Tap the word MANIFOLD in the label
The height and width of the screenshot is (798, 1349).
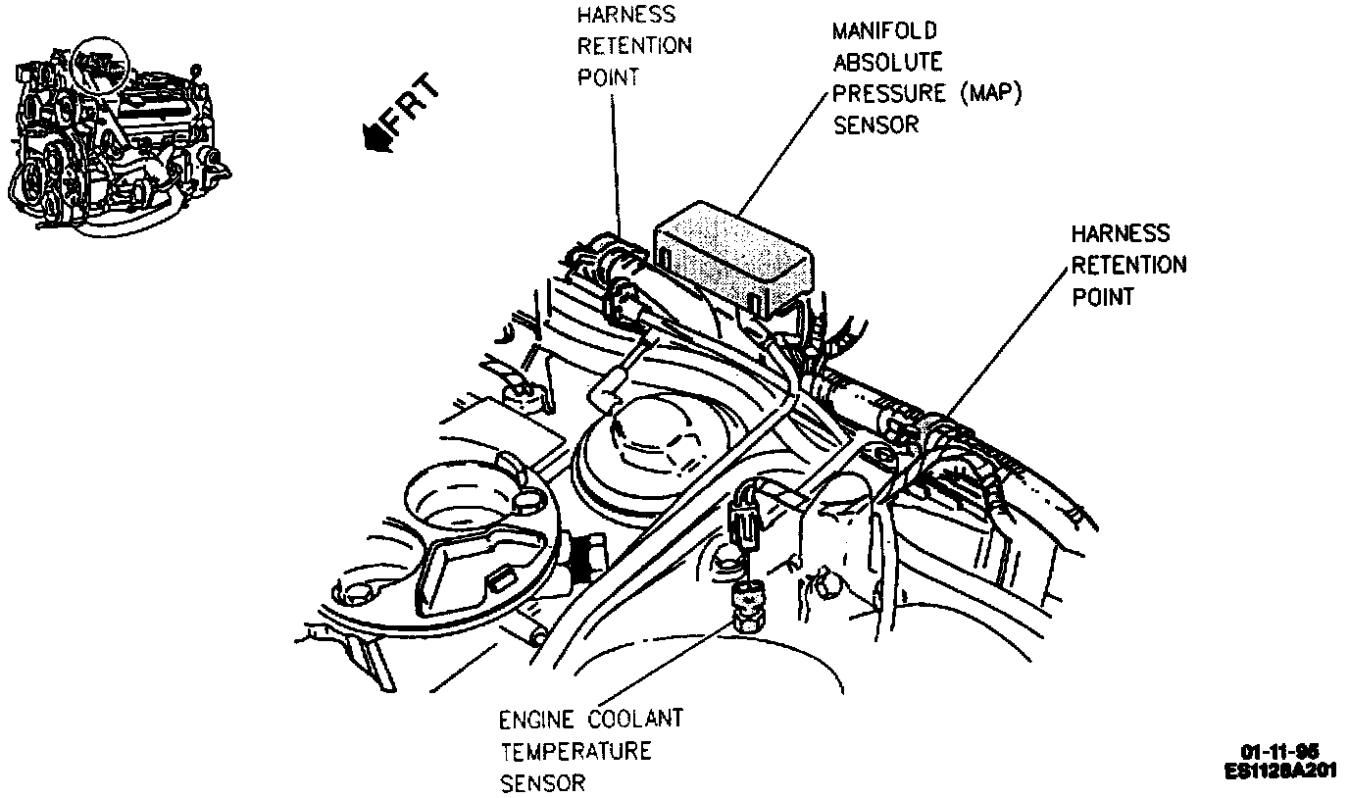(x=884, y=31)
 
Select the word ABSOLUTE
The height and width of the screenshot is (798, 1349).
(x=887, y=63)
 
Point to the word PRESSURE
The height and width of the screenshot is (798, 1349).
(x=888, y=94)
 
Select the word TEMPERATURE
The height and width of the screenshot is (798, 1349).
(x=575, y=752)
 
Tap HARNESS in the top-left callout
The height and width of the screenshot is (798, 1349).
(x=626, y=15)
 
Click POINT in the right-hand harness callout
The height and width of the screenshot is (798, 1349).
(x=1103, y=297)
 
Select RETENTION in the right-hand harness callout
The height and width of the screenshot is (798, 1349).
(x=1128, y=265)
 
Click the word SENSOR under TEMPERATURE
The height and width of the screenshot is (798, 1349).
(x=543, y=783)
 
